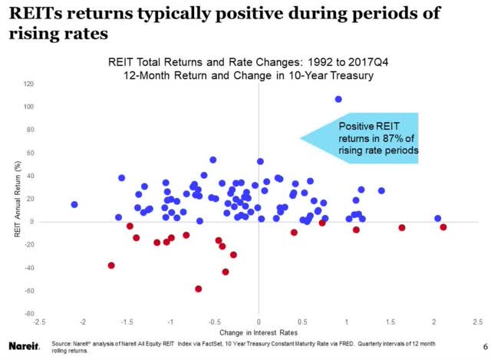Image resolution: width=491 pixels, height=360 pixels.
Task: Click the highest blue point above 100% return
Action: (x=338, y=99)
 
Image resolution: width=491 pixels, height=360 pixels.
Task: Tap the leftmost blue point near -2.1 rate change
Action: (x=74, y=205)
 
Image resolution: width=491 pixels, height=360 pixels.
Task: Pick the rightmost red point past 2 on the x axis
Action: (x=443, y=227)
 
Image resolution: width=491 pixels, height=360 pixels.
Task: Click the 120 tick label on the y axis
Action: (x=28, y=83)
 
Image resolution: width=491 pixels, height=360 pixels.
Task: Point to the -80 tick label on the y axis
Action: (x=28, y=314)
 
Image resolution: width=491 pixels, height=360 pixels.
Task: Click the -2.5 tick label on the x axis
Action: (x=39, y=321)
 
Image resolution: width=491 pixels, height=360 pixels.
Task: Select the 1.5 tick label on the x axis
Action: (x=390, y=321)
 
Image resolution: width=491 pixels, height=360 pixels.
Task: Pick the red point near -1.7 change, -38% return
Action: (x=112, y=266)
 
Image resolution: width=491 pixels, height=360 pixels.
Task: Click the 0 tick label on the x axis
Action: (x=259, y=321)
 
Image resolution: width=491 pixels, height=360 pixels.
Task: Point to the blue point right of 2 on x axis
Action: (x=438, y=219)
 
